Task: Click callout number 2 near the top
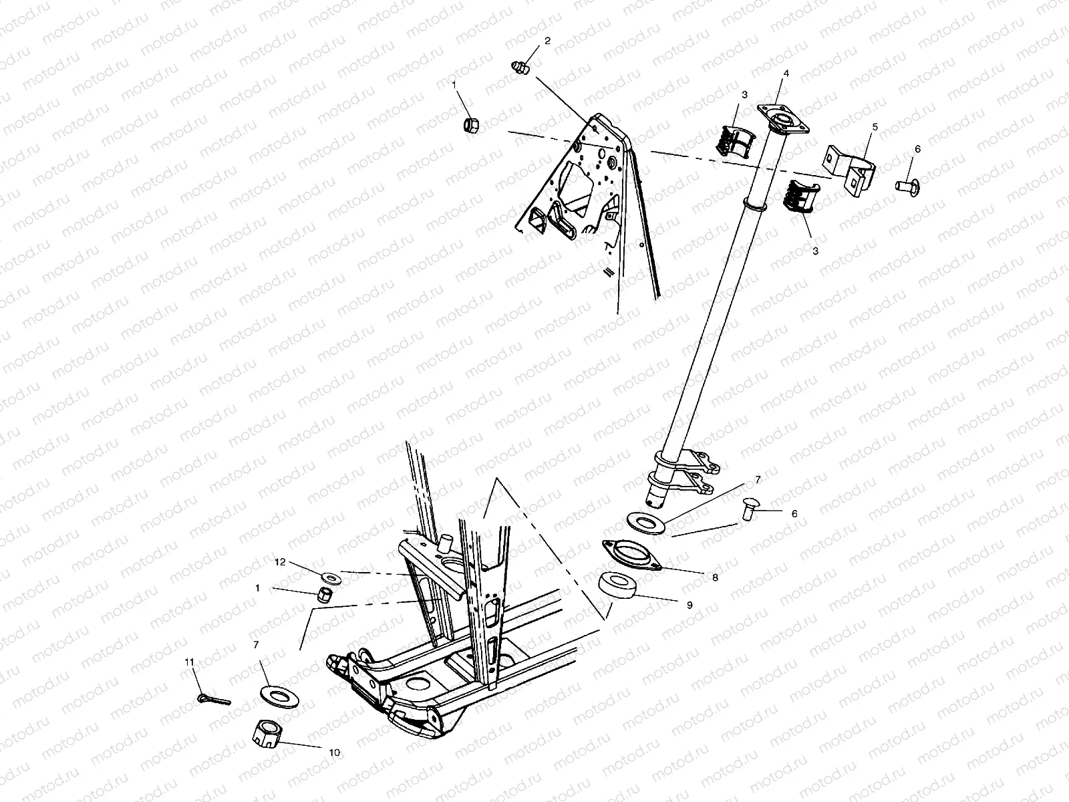click(x=547, y=41)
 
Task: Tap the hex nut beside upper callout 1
click(x=470, y=124)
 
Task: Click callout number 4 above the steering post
click(x=786, y=73)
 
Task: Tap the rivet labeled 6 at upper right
click(x=906, y=183)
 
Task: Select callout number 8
click(x=715, y=577)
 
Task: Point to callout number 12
click(x=280, y=562)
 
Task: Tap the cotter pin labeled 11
click(x=213, y=699)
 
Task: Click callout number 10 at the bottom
click(x=334, y=753)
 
